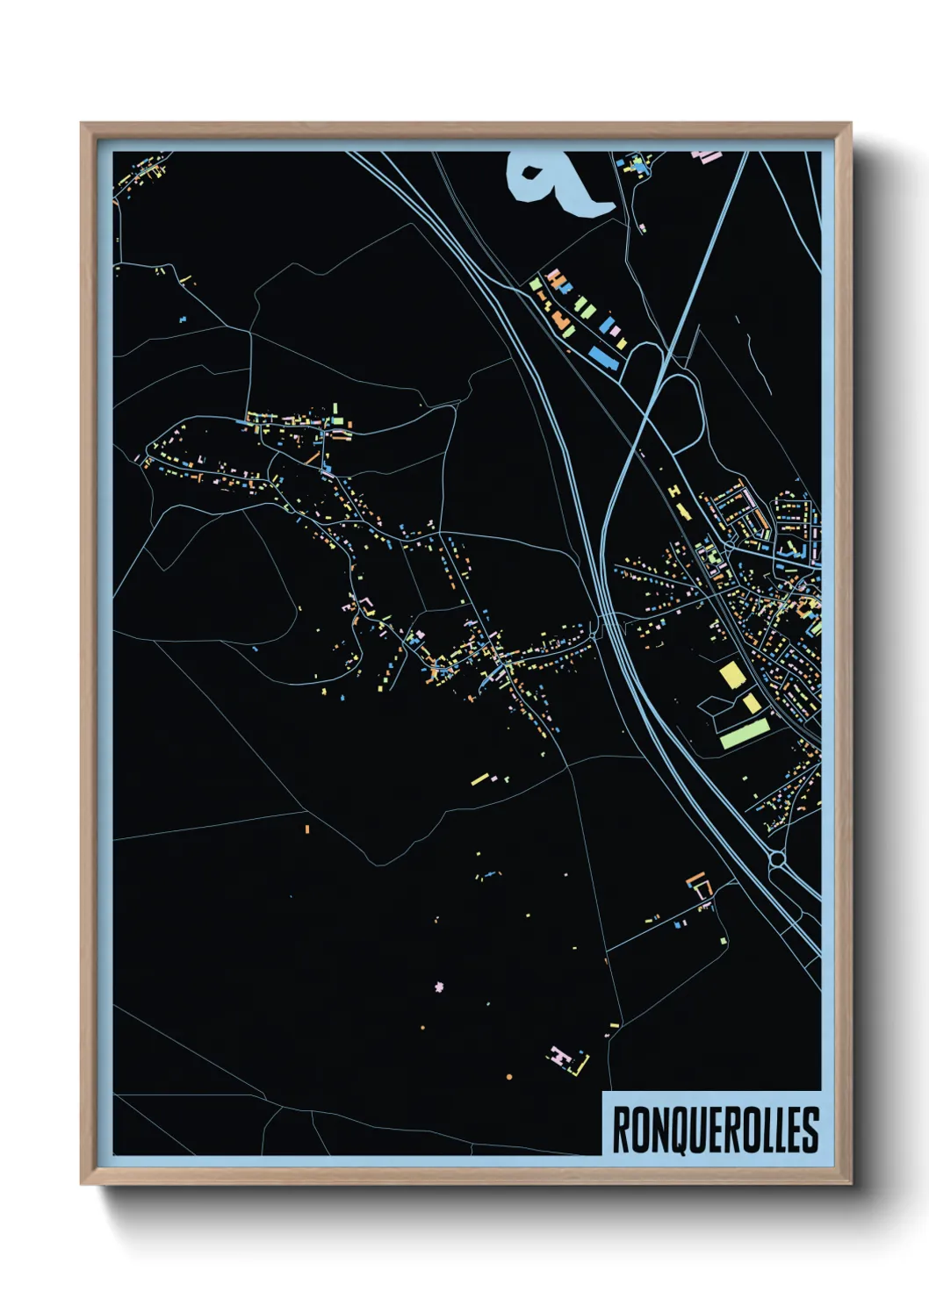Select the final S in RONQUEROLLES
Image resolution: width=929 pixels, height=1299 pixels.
click(811, 1130)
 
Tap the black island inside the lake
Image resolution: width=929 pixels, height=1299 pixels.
click(532, 172)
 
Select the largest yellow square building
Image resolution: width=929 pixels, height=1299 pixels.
click(731, 675)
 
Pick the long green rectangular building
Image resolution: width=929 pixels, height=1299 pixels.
click(744, 733)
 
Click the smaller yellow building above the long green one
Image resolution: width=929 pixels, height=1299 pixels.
click(751, 703)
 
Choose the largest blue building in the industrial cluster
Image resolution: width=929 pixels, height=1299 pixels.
click(602, 355)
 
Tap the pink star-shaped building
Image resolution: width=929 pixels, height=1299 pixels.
click(439, 987)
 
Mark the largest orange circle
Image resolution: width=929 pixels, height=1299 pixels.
click(509, 1076)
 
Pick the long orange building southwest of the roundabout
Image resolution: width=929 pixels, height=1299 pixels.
click(695, 877)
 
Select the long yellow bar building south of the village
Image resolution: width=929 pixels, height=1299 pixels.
click(479, 778)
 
